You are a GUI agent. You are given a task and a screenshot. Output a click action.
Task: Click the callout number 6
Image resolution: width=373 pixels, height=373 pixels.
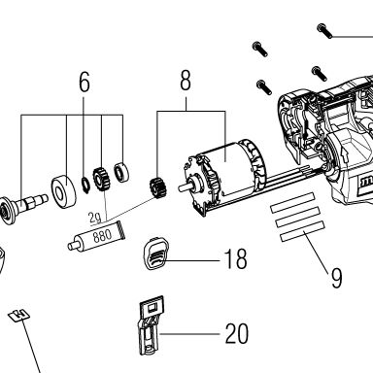tap(85, 82)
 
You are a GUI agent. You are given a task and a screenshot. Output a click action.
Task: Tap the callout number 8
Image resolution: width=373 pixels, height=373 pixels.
tap(186, 80)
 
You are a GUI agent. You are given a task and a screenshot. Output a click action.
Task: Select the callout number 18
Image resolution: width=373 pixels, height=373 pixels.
tap(236, 258)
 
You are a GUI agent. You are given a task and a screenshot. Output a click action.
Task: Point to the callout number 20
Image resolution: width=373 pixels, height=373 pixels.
tap(237, 333)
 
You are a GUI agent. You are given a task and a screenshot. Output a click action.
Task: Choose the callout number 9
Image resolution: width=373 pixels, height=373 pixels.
tap(336, 278)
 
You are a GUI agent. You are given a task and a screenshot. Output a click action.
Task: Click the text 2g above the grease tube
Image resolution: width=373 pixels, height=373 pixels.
tap(95, 219)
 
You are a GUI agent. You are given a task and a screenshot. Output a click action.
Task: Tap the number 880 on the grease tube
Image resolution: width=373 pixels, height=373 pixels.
tap(102, 236)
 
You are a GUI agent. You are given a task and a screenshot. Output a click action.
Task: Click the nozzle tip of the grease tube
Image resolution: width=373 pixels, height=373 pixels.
tap(70, 246)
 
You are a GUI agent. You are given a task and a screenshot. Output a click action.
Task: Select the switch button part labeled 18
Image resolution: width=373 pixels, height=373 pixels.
tap(155, 254)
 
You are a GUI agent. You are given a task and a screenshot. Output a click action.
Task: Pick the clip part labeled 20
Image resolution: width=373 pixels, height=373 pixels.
tap(151, 325)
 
